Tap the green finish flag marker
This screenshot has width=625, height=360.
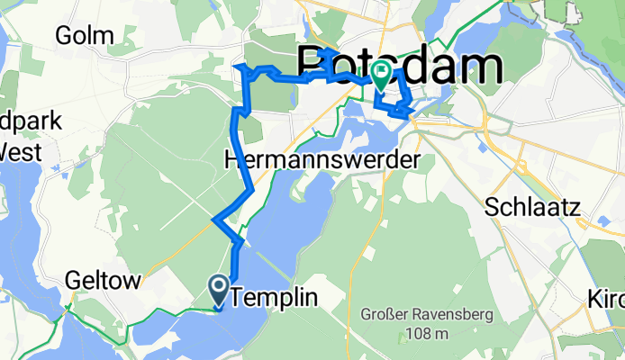tap(380, 76)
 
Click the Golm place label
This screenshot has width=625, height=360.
tap(84, 35)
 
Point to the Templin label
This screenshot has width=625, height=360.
tap(276, 294)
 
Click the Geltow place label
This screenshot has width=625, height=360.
tap(104, 281)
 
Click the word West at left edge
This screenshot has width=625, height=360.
tap(20, 152)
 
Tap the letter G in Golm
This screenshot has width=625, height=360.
tap(61, 35)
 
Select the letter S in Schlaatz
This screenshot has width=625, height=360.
tap(492, 205)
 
